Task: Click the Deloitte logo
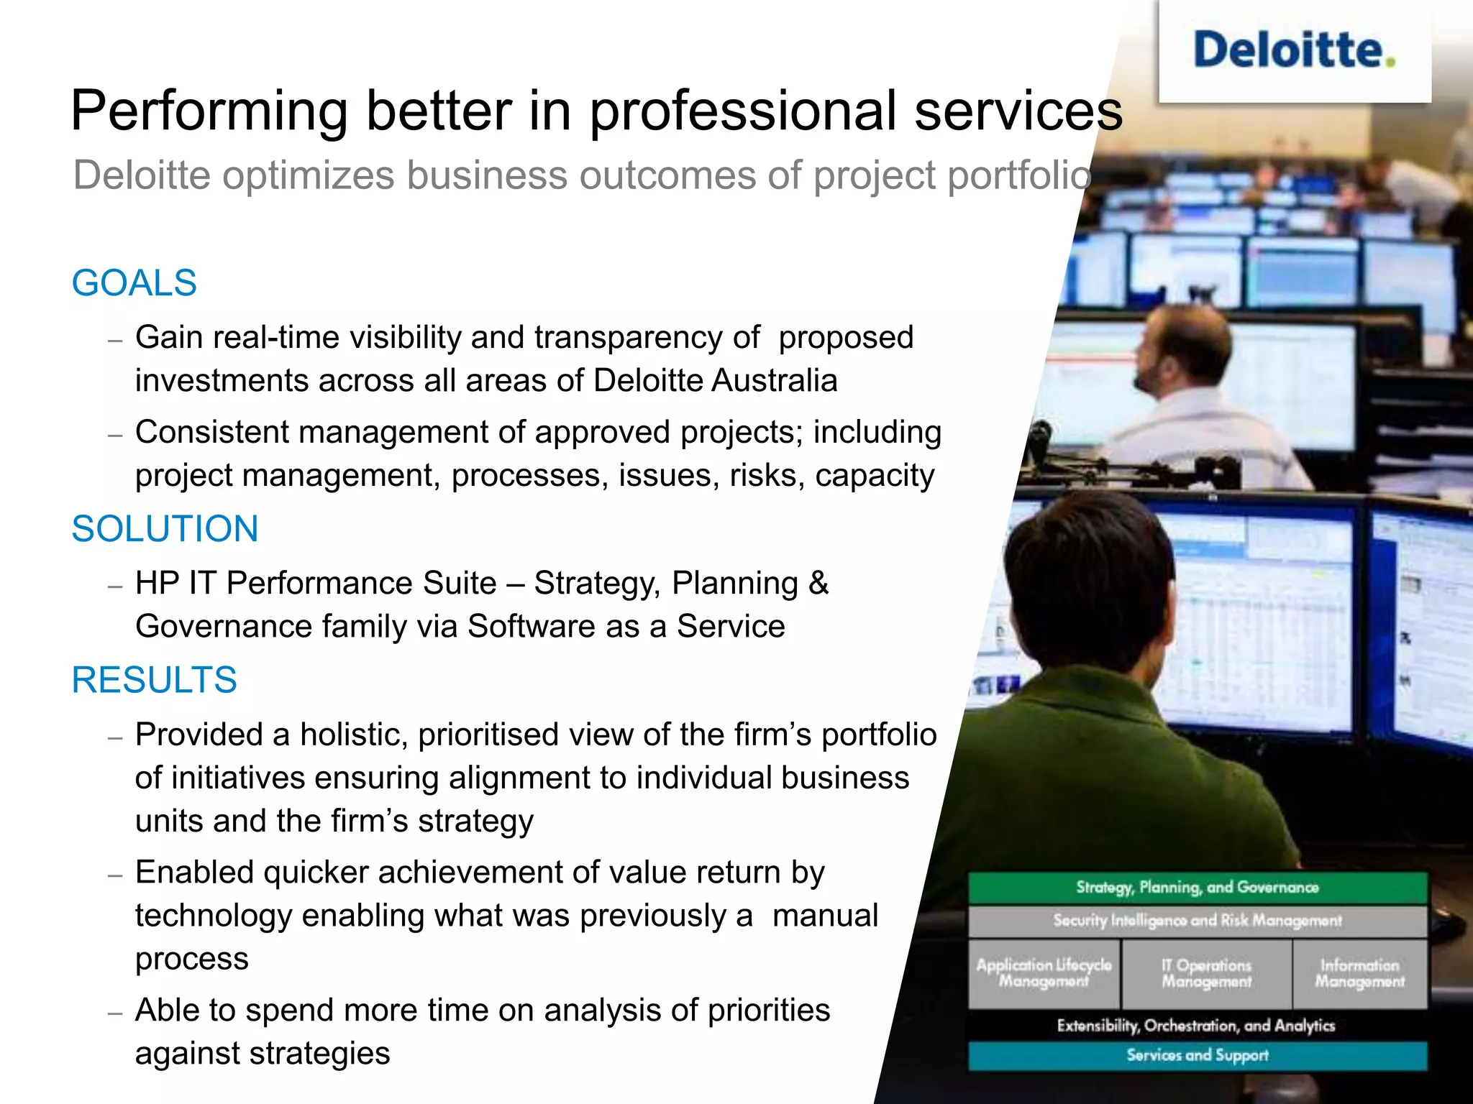coord(1293,50)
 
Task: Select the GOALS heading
coord(134,282)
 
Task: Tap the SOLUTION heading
coord(165,529)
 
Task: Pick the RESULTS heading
coord(154,680)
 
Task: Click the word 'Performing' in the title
coord(209,111)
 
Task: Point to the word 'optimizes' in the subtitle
coord(308,175)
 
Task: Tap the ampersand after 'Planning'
coord(818,583)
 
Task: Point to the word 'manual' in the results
coord(825,916)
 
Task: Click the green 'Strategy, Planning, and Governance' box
coord(1197,888)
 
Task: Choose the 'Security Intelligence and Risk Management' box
coord(1197,921)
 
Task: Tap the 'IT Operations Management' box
coord(1206,973)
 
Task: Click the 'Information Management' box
coord(1359,973)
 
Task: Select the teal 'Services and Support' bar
coord(1197,1055)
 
